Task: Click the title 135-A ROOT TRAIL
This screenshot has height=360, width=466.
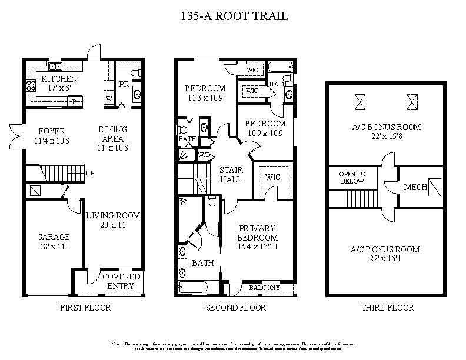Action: (235, 16)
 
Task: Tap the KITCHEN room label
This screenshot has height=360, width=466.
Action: (59, 79)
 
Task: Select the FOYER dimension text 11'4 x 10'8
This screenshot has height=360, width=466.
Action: (52, 141)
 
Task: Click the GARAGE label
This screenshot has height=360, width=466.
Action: (54, 237)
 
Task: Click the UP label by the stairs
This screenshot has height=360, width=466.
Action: (90, 174)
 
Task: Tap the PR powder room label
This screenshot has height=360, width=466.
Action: (124, 85)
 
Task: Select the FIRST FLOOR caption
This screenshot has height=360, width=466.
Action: (86, 308)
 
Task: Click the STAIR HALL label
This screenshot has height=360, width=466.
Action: (230, 175)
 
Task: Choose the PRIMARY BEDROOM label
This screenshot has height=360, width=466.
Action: (257, 233)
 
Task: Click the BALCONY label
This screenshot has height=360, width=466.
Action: (265, 288)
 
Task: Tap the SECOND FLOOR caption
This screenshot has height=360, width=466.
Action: (235, 308)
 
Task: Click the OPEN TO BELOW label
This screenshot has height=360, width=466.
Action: (352, 178)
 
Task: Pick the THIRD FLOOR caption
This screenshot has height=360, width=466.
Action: (388, 308)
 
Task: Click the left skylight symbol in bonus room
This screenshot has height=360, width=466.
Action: (360, 102)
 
